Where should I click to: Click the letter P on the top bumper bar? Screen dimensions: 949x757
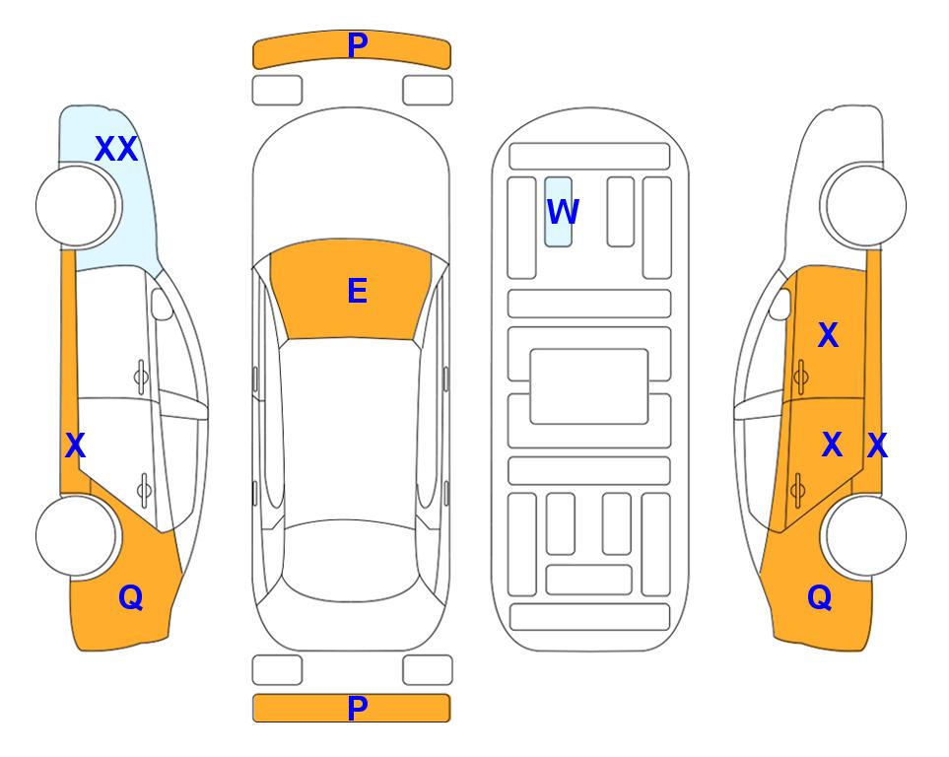pyautogui.click(x=358, y=45)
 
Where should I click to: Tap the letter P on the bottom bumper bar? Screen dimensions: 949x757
pyautogui.click(x=358, y=708)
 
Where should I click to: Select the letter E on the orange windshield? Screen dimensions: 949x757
pyautogui.click(x=357, y=291)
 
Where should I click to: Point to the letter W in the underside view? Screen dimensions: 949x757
pyautogui.click(x=563, y=212)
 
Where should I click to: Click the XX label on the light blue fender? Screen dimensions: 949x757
pyautogui.click(x=116, y=149)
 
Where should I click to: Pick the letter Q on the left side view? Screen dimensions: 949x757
pyautogui.click(x=131, y=597)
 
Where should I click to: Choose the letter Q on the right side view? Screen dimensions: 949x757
pyautogui.click(x=820, y=597)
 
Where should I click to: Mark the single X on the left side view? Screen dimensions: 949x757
pyautogui.click(x=75, y=446)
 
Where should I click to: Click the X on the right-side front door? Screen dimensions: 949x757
pyautogui.click(x=828, y=335)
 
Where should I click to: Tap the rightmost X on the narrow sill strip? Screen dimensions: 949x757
pyautogui.click(x=877, y=446)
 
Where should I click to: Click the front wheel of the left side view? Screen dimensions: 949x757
pyautogui.click(x=78, y=206)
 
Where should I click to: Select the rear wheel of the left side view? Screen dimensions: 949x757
pyautogui.click(x=77, y=535)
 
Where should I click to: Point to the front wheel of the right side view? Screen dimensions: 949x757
pyautogui.click(x=863, y=206)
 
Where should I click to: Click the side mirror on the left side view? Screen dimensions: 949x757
pyautogui.click(x=162, y=304)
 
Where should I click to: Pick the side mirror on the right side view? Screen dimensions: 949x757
pyautogui.click(x=780, y=304)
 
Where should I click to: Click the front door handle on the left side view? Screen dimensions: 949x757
pyautogui.click(x=141, y=378)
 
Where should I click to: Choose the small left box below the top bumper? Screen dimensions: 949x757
pyautogui.click(x=277, y=91)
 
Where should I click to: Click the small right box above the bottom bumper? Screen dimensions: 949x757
pyautogui.click(x=428, y=669)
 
